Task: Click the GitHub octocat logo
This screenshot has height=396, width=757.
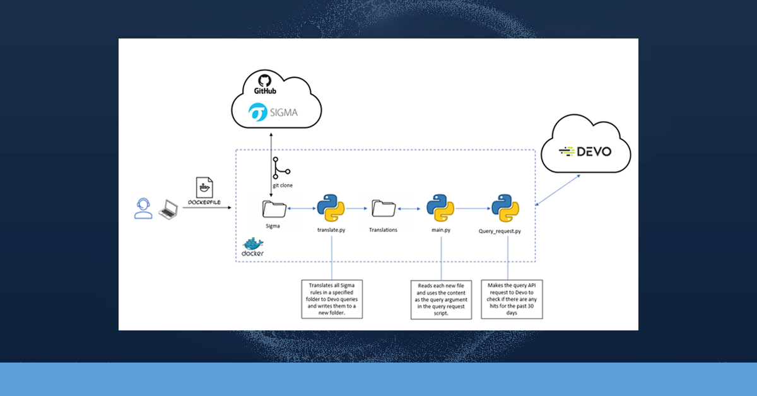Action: (x=265, y=81)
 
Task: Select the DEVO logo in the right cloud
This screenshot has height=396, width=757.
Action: (x=585, y=151)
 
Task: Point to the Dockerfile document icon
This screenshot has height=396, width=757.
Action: (x=205, y=187)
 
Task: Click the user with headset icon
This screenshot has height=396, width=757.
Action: (x=143, y=208)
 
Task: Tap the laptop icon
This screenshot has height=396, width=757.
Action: (x=169, y=209)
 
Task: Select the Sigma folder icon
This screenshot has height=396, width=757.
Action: (x=273, y=208)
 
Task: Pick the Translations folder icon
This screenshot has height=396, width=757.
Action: (x=383, y=208)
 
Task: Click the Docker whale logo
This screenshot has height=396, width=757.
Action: (x=253, y=246)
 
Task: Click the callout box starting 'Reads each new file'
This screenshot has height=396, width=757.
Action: (x=441, y=300)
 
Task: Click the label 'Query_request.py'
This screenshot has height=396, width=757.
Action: (x=500, y=231)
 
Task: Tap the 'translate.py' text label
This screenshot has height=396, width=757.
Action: (x=331, y=230)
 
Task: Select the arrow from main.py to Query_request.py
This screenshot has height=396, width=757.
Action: (x=473, y=207)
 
